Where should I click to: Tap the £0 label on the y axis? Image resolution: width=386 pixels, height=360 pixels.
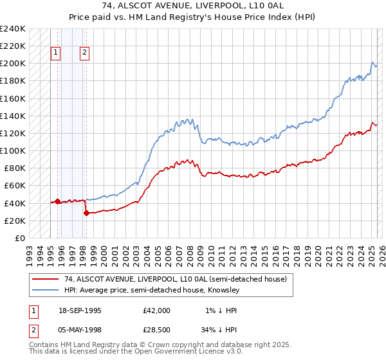pyautogui.click(x=20, y=238)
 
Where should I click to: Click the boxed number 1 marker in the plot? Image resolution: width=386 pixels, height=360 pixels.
pyautogui.click(x=56, y=53)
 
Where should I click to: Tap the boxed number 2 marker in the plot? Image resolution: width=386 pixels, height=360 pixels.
pyautogui.click(x=85, y=53)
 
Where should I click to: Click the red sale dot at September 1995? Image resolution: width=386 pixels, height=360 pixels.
pyautogui.click(x=57, y=201)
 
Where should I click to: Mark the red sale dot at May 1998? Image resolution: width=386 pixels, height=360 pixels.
pyautogui.click(x=86, y=213)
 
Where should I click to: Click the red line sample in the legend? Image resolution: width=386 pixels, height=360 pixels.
pyautogui.click(x=45, y=279)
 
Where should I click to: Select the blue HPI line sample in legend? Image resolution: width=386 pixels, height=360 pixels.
pyautogui.click(x=45, y=290)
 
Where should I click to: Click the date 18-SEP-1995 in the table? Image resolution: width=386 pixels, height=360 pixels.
pyautogui.click(x=78, y=310)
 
